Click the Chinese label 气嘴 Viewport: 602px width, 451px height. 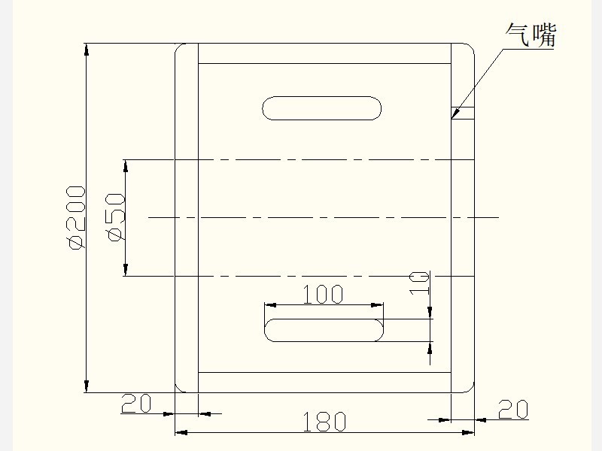(531, 35)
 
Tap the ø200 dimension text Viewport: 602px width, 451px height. (76, 217)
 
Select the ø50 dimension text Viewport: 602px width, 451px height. (116, 217)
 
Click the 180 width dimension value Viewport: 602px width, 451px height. (324, 422)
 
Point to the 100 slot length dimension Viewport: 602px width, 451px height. (324, 294)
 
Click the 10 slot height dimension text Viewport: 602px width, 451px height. (419, 283)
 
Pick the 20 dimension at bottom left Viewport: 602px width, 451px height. (136, 404)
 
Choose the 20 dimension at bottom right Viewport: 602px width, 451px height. (513, 409)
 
